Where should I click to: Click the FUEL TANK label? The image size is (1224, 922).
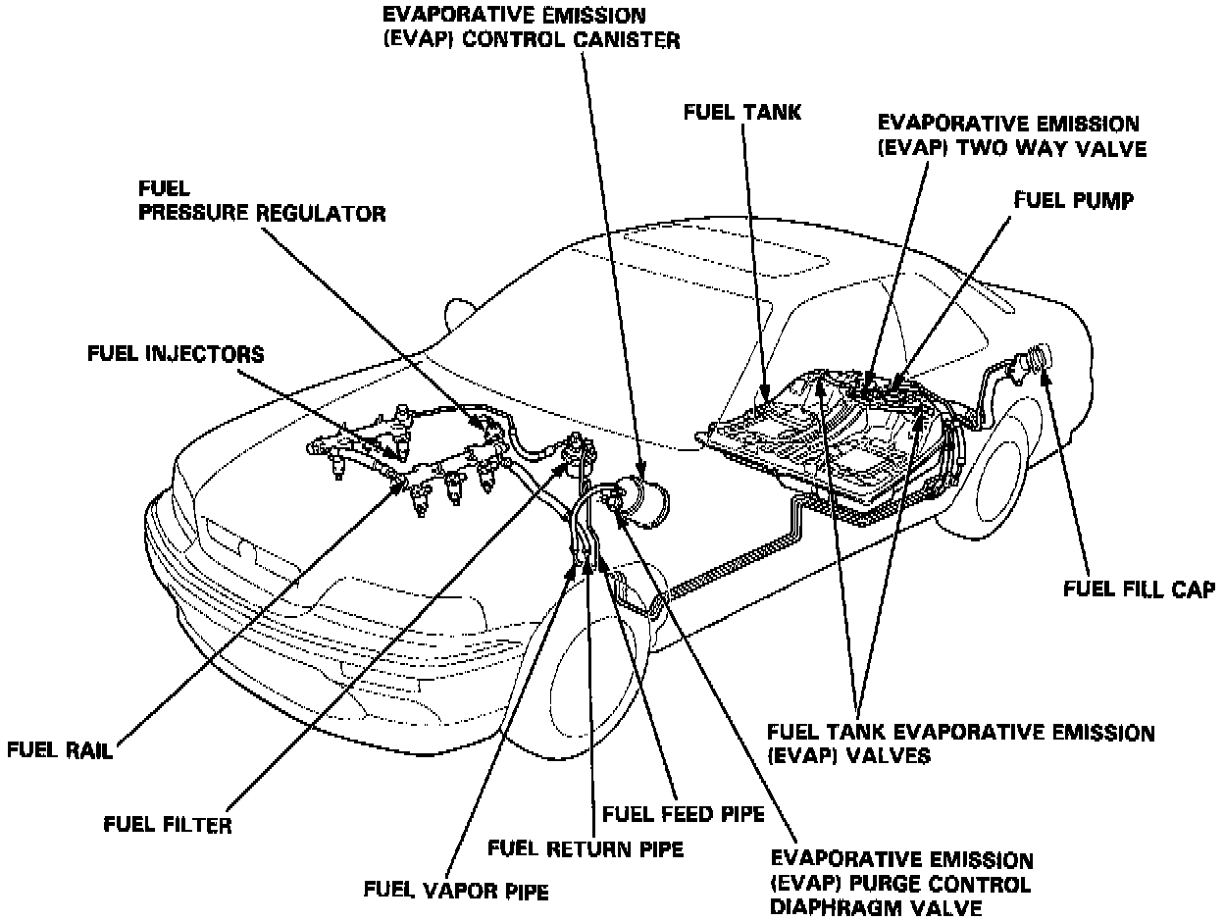point(741,113)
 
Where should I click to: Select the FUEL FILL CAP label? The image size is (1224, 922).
point(1139,589)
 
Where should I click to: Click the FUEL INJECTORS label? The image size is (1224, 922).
point(176,354)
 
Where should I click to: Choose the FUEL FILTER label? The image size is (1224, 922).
point(168,825)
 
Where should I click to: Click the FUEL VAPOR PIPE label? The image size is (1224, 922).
point(455,891)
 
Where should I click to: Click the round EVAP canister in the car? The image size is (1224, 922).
point(642,501)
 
